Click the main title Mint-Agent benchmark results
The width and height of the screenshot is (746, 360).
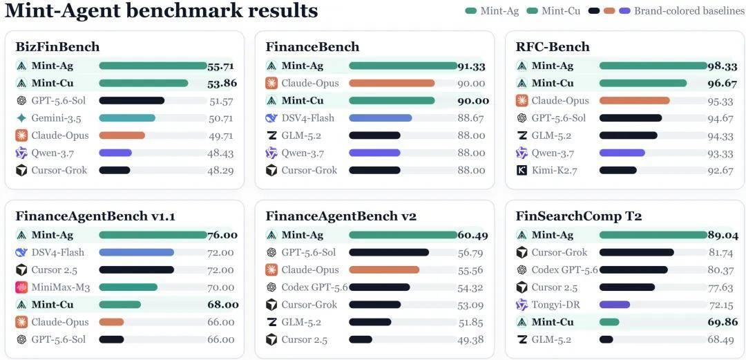tap(161, 10)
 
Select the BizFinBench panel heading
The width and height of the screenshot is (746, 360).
tap(57, 47)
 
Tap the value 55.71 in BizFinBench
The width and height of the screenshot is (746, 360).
tap(221, 66)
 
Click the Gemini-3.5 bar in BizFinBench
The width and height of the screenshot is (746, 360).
tap(127, 118)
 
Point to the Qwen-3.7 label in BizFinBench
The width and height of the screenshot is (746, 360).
tap(52, 153)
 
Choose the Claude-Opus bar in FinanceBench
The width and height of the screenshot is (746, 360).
tap(392, 84)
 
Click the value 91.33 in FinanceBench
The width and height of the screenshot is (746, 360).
tap(472, 66)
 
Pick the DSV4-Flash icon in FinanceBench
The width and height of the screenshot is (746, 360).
tap(271, 118)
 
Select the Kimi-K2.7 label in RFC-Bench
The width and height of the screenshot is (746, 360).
tap(554, 170)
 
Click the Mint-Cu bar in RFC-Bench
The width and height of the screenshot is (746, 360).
tap(643, 84)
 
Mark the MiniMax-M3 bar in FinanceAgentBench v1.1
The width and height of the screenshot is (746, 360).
tap(128, 287)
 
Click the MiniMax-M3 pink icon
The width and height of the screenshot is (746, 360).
tap(21, 287)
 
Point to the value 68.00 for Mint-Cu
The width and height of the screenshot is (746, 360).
tap(223, 305)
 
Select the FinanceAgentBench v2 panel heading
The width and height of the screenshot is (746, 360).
tap(341, 216)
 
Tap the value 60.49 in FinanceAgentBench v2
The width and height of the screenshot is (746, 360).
tap(472, 235)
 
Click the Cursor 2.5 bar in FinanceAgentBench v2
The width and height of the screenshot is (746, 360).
tap(361, 339)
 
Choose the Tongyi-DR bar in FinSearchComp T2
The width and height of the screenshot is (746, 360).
tap(615, 305)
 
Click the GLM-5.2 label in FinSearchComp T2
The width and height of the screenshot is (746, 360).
tap(551, 339)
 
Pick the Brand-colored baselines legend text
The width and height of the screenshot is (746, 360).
tap(689, 10)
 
